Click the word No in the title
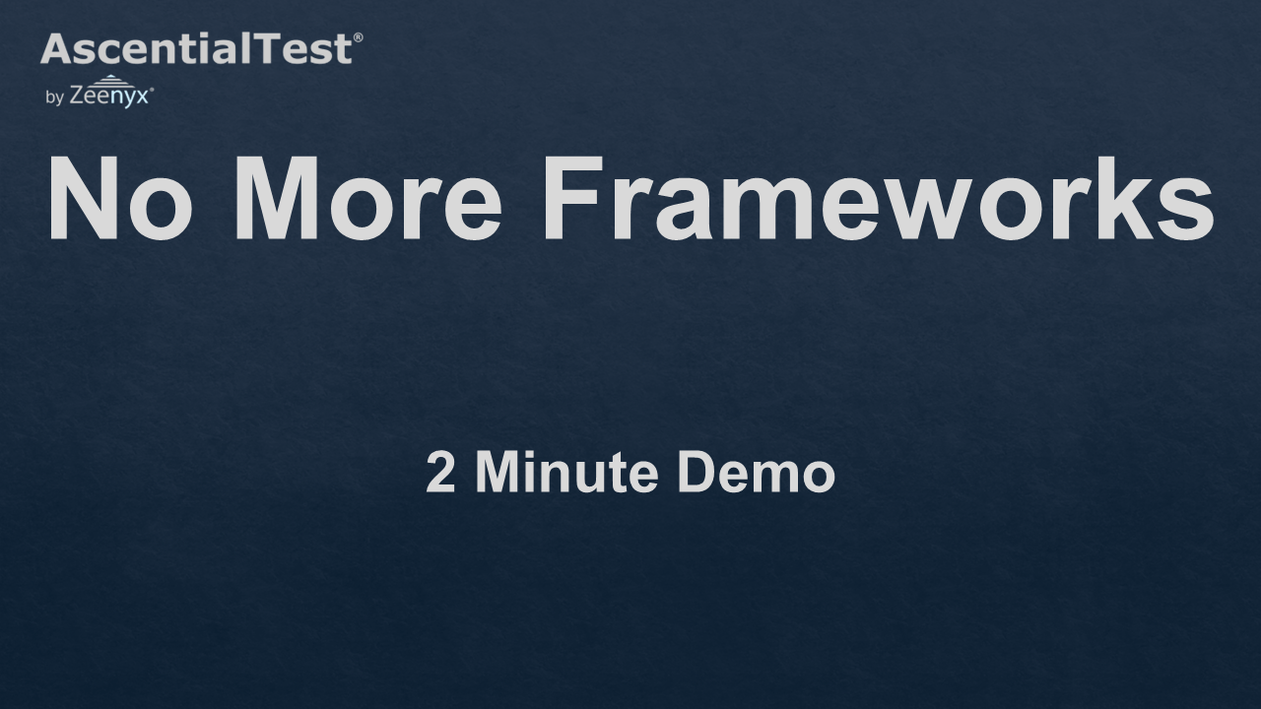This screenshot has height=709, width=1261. [x=120, y=198]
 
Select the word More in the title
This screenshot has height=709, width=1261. [x=367, y=198]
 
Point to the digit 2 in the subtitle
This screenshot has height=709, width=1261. [x=440, y=472]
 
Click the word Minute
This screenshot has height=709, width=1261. [x=566, y=472]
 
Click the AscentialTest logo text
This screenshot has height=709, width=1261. [x=196, y=48]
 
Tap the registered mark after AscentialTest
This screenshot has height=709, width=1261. [x=358, y=37]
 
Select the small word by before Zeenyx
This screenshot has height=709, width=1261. [x=54, y=97]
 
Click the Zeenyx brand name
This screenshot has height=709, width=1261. [x=109, y=96]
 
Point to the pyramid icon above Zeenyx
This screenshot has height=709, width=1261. [x=110, y=81]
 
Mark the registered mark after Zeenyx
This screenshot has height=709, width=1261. [x=152, y=89]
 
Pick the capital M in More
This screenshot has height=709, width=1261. [x=277, y=198]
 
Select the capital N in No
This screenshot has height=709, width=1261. [x=84, y=198]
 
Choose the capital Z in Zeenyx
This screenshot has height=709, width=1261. [x=77, y=96]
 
